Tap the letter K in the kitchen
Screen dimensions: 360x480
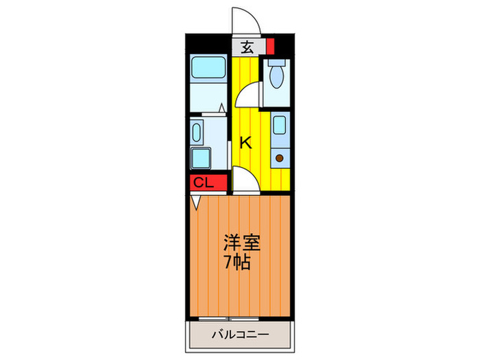click(x=245, y=143)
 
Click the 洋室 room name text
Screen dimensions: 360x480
click(x=240, y=243)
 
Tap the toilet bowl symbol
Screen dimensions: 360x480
click(x=277, y=77)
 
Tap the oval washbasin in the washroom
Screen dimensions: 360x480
click(x=198, y=132)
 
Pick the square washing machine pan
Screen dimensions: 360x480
click(x=204, y=158)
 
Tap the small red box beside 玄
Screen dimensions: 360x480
click(x=269, y=47)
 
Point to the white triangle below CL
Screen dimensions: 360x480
click(x=197, y=202)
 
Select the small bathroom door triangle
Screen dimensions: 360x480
click(x=223, y=108)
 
